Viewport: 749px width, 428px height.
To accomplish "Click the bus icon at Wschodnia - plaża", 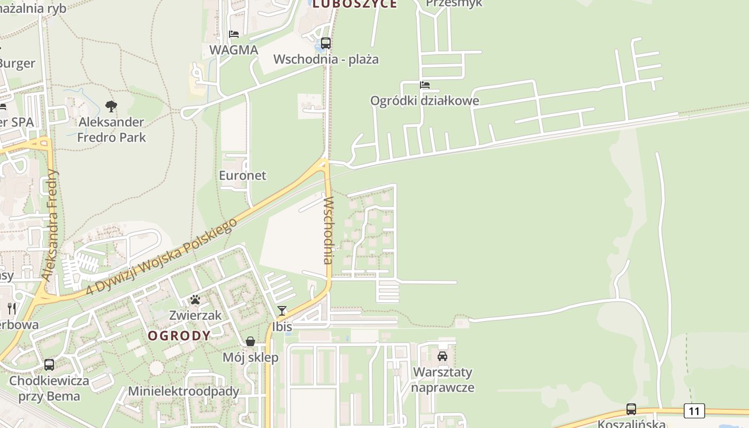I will coord(326,43).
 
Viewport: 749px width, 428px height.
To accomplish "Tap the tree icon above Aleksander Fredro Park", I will coord(111,106).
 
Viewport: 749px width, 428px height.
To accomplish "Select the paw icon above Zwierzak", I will coord(195,300).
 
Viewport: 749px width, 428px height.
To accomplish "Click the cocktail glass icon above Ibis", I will coord(282,311).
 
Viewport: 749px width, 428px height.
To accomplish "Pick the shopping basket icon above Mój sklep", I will coord(250,341).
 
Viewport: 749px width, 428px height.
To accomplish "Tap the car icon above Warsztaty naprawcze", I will coord(442,356).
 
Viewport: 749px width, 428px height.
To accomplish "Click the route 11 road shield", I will coord(694,411).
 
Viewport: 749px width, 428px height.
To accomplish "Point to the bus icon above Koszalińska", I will coord(631,409).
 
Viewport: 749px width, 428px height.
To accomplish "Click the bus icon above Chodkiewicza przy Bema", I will coord(49,365).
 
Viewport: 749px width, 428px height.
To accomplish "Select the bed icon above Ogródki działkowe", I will coord(425,85).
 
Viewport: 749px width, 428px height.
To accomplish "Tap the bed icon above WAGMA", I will coord(234,34).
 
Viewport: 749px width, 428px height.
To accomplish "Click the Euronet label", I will coord(242,175).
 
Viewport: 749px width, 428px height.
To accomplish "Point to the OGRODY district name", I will coord(179,336).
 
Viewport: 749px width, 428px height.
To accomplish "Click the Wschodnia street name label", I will coord(328,230).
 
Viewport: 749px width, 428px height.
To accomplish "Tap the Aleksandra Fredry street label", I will coord(51,225).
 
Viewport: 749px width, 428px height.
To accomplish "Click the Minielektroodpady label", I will coord(184,391).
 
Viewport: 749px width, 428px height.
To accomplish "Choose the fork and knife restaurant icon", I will coord(12,308).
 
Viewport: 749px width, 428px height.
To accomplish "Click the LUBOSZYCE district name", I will coord(355,4).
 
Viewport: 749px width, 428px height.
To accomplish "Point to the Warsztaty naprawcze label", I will coord(442,379).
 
